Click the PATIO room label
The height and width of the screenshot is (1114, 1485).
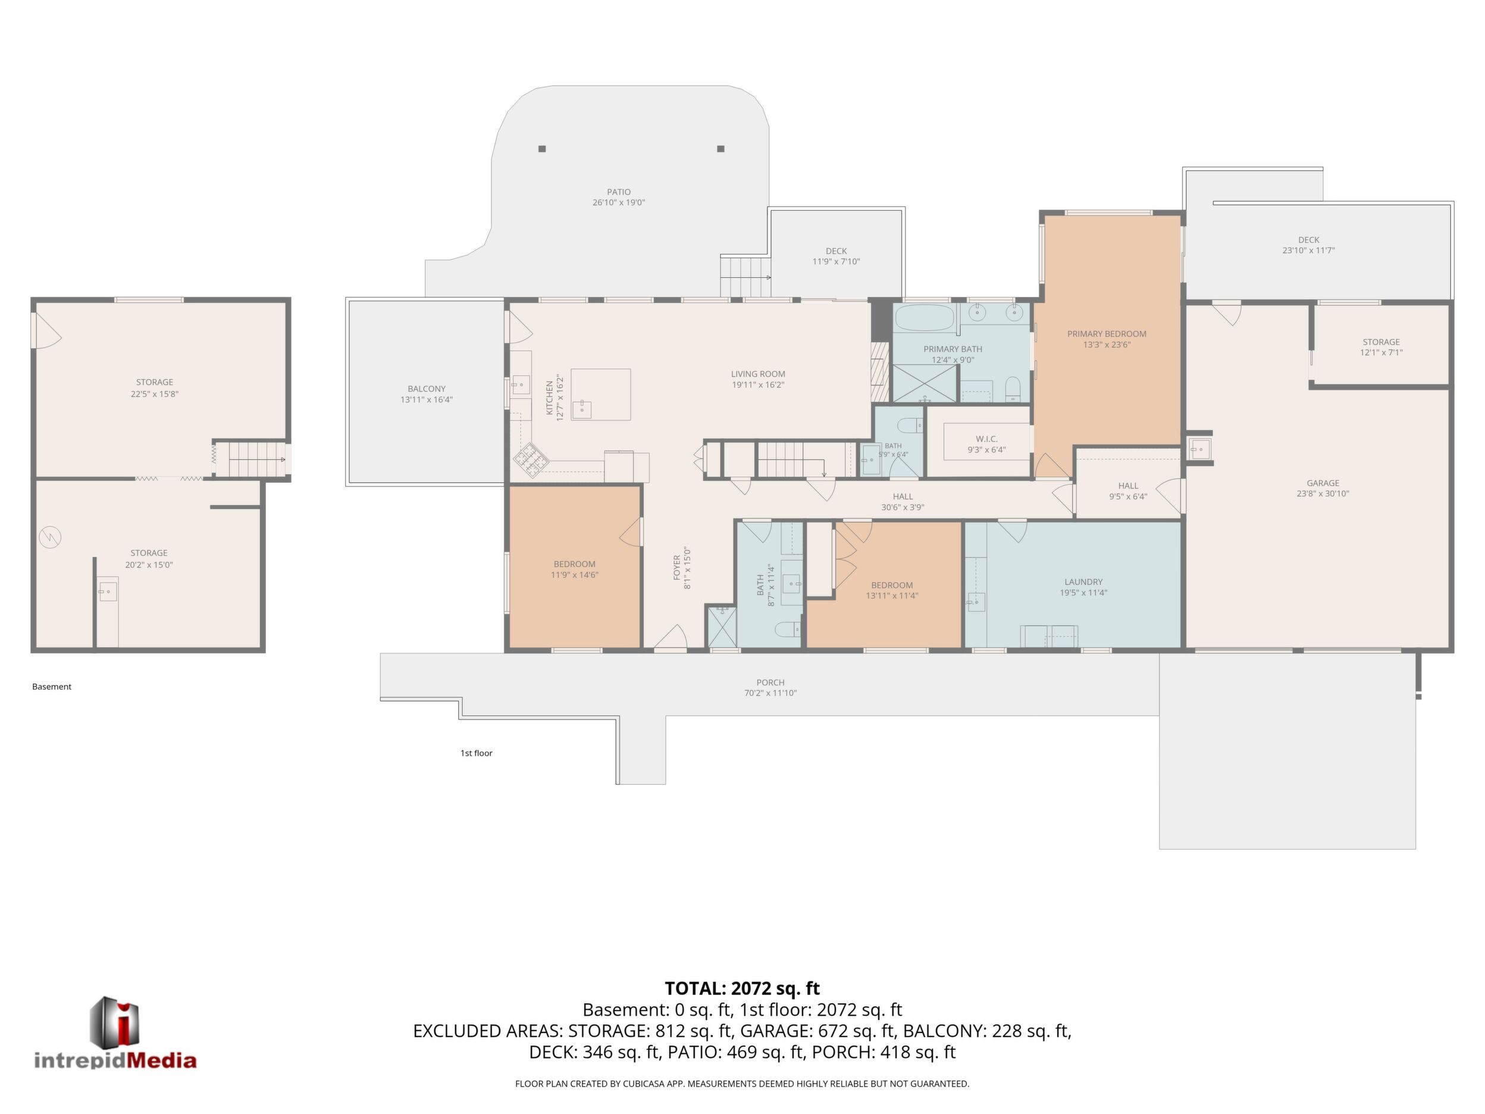coord(618,192)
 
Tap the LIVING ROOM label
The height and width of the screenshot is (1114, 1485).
coord(758,374)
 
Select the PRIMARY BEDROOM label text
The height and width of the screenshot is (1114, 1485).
coord(1107,334)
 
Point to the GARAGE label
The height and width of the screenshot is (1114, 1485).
coord(1323,483)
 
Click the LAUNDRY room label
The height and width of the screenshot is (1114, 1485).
coord(1083,582)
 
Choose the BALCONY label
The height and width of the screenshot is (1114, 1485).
coord(427,389)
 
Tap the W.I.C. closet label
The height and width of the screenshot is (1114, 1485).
coord(986,439)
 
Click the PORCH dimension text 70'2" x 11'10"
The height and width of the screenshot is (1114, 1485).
coord(770,693)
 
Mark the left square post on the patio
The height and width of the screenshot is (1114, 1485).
coord(542,148)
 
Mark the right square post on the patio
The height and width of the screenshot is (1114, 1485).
coord(720,148)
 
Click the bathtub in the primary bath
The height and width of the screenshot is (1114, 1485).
coord(925,318)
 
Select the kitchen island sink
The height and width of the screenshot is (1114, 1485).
coord(581,408)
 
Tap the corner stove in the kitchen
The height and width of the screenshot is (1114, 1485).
coord(531,460)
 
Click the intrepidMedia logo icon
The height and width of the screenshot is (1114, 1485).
coord(115,1021)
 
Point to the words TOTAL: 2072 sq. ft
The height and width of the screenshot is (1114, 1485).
coord(742,988)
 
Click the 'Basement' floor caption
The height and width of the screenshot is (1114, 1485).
coord(52,686)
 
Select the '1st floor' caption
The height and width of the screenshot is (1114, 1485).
coord(476,753)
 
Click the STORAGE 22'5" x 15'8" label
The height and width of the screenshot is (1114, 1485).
coord(155,388)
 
